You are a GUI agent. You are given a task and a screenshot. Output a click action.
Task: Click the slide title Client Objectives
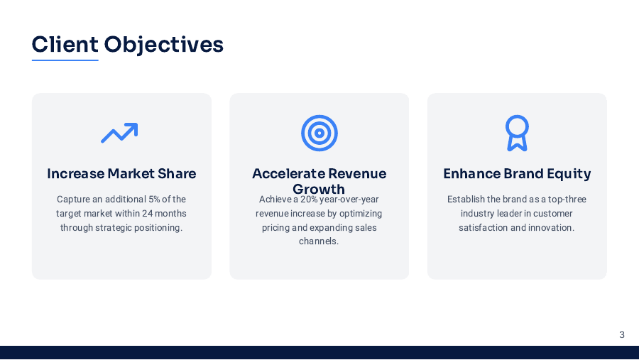[x=128, y=45]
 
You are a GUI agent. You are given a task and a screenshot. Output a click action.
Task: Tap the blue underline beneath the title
[x=65, y=60]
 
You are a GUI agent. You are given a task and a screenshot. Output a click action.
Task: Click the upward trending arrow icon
[x=119, y=132]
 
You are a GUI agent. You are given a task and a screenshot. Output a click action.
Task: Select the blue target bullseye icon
[x=319, y=133]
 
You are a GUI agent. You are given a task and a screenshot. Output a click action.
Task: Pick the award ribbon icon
[x=517, y=133]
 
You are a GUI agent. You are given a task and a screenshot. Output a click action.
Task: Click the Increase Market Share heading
[x=121, y=174]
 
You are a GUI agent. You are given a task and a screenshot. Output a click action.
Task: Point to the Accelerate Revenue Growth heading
[x=319, y=180]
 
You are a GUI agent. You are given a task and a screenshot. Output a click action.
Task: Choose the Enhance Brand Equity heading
[x=517, y=174]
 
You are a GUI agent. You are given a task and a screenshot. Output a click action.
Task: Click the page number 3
[x=622, y=334]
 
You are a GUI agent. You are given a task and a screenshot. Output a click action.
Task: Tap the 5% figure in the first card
[x=154, y=200]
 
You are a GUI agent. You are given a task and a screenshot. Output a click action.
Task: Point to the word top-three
[x=567, y=200]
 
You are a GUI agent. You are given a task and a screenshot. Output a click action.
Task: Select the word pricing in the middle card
[x=276, y=228]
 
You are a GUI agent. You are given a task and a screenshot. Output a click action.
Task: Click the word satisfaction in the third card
[x=483, y=228]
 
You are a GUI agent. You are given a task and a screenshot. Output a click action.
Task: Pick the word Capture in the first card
[x=73, y=200]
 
